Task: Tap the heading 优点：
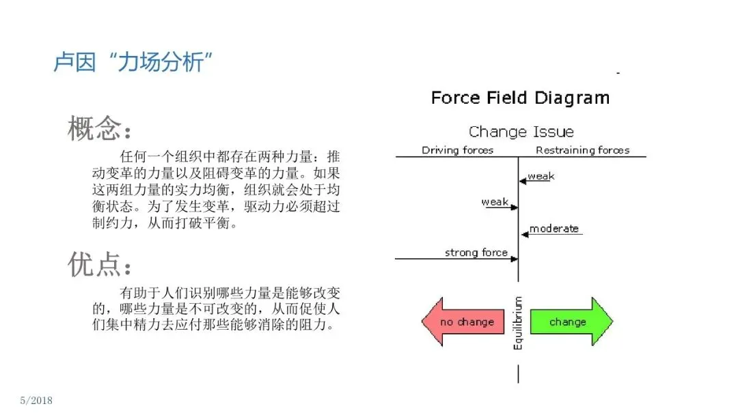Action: tap(99, 265)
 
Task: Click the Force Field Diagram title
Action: tap(520, 98)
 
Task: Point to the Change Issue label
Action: tap(521, 132)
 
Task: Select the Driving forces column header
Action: tap(457, 150)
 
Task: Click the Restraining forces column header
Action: tap(582, 150)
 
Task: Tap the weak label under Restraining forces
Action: tap(541, 176)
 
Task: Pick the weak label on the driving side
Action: tap(495, 202)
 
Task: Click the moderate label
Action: tap(554, 229)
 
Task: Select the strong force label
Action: tap(476, 253)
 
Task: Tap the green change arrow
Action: tap(571, 321)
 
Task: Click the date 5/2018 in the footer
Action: tap(36, 400)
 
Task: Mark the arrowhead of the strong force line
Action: tap(514, 259)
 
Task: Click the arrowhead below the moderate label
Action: tap(524, 234)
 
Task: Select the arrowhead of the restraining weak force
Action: tap(523, 181)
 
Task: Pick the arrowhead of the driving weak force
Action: tap(514, 207)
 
